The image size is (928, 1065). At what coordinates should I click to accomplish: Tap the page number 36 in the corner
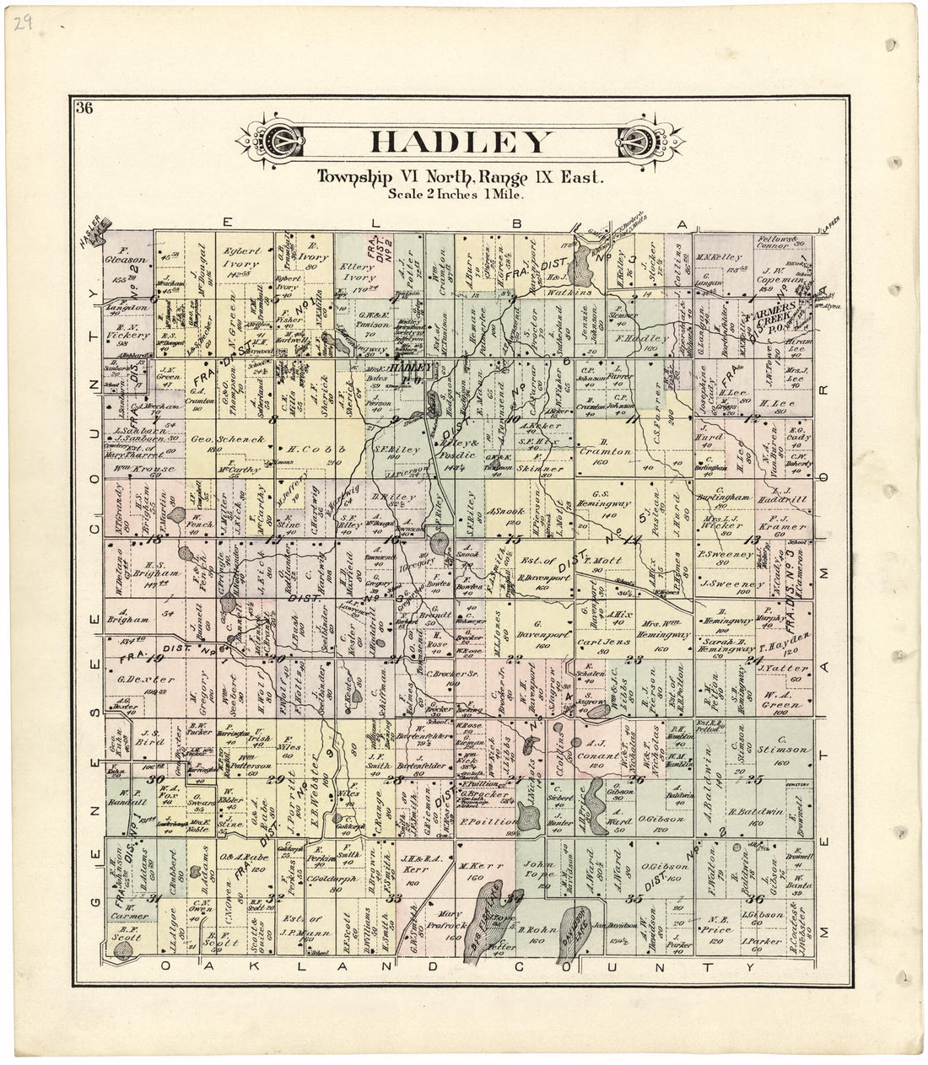84,107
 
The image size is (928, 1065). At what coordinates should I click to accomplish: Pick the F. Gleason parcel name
134,250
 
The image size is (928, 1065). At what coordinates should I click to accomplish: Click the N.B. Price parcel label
719,921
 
